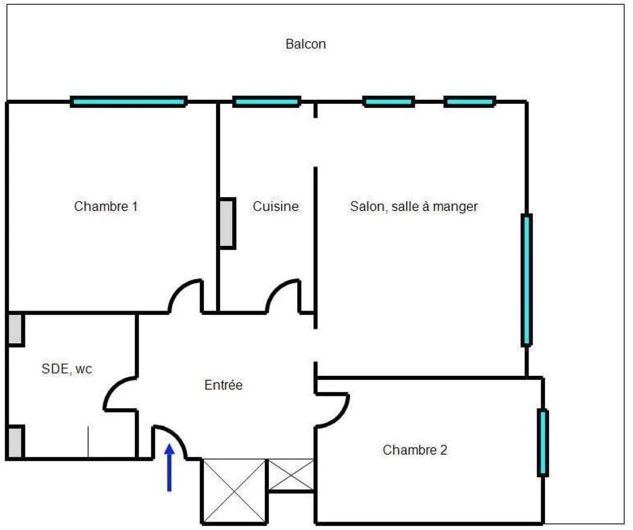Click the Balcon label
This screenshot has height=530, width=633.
coord(306,44)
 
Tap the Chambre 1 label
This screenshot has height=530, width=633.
coord(106,206)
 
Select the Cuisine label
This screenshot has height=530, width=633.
coord(275,206)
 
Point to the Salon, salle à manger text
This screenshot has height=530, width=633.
coord(414,206)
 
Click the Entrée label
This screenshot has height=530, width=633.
coord(223,385)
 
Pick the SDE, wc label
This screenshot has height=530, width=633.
coord(67,369)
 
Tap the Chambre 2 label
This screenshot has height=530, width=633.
coord(415,450)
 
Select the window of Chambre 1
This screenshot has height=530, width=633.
coord(128,102)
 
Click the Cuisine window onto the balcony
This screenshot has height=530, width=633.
coord(266,102)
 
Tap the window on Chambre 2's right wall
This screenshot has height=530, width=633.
coord(542,443)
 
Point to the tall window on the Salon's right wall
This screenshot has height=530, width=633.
coord(526,280)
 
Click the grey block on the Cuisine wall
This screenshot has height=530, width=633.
coord(227,223)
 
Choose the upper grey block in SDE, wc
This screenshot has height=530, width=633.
coord(15,330)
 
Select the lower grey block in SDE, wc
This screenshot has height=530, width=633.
coord(15,442)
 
